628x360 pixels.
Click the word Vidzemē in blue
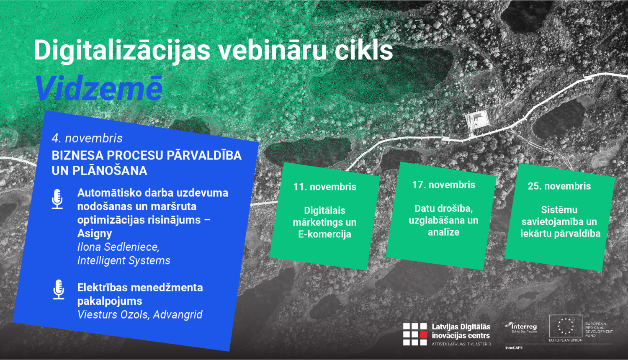tap(99, 89)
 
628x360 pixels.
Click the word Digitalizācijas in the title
tap(122, 51)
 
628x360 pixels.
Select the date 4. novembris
tap(87, 138)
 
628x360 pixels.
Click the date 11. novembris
tap(324, 187)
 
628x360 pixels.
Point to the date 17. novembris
tap(443, 185)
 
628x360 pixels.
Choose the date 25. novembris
tap(559, 186)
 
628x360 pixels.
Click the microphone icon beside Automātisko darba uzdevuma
tap(57, 199)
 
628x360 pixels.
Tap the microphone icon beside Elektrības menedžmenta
tap(59, 290)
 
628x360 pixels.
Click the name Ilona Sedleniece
tap(118, 247)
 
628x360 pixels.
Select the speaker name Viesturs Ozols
tap(113, 314)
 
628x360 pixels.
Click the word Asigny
tap(95, 233)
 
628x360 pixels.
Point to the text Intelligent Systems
tap(124, 260)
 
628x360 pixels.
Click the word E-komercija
tap(324, 234)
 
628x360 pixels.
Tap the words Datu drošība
tap(443, 208)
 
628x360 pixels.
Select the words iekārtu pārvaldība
tap(560, 233)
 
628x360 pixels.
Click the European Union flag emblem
tap(565, 326)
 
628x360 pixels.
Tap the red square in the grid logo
tap(423, 334)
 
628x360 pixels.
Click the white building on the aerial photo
tap(478, 118)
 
